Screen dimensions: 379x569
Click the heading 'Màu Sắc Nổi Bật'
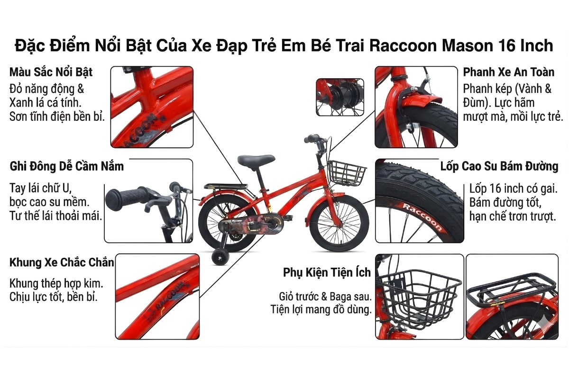51,72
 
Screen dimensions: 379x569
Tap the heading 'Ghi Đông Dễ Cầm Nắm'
66,167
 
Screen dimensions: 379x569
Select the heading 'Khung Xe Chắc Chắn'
62,262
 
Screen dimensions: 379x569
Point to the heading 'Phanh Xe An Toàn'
509,72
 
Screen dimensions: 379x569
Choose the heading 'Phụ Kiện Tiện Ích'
327,273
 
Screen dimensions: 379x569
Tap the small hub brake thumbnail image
340,97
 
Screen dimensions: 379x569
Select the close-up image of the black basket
419,296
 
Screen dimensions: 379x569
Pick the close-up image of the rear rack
512,296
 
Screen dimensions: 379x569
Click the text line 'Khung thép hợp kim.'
56,284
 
